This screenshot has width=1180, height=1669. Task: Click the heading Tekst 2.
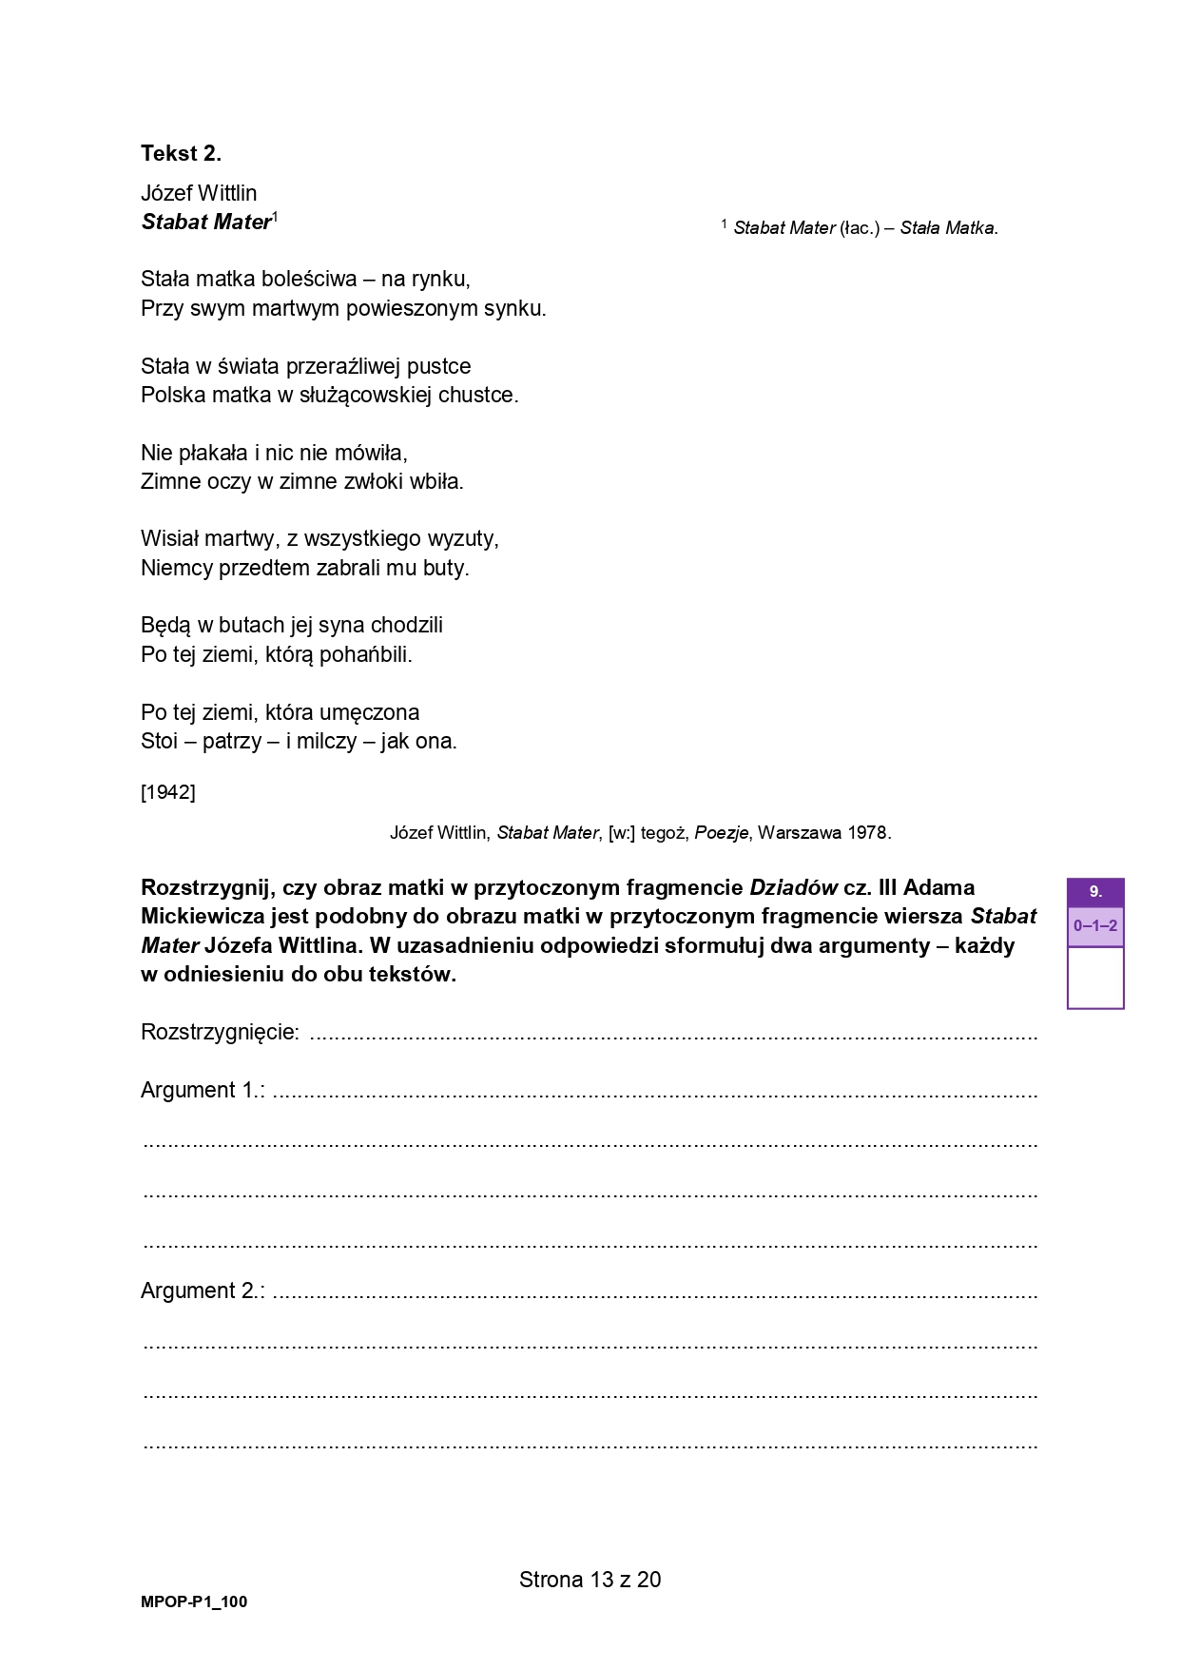pyautogui.click(x=181, y=153)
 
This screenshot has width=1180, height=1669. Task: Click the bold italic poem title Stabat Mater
pyautogui.click(x=206, y=222)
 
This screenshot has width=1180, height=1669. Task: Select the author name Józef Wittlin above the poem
pyautogui.click(x=199, y=193)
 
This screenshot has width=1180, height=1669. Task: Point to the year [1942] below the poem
pyautogui.click(x=168, y=791)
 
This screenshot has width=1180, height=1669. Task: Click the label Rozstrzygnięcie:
pyautogui.click(x=221, y=1032)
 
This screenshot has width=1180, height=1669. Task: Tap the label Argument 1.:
pyautogui.click(x=203, y=1090)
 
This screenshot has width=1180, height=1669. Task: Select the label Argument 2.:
pyautogui.click(x=203, y=1291)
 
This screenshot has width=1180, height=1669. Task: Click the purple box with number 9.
pyautogui.click(x=1095, y=892)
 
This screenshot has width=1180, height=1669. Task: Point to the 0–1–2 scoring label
pyautogui.click(x=1095, y=926)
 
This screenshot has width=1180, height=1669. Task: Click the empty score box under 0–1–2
pyautogui.click(x=1095, y=978)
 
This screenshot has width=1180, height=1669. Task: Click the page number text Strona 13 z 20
pyautogui.click(x=590, y=1580)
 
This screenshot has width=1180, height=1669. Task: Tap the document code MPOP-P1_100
pyautogui.click(x=194, y=1601)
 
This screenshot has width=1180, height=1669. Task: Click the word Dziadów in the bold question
pyautogui.click(x=793, y=887)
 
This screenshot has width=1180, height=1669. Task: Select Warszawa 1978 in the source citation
pyautogui.click(x=823, y=833)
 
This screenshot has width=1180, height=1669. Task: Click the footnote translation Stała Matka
pyautogui.click(x=948, y=228)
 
